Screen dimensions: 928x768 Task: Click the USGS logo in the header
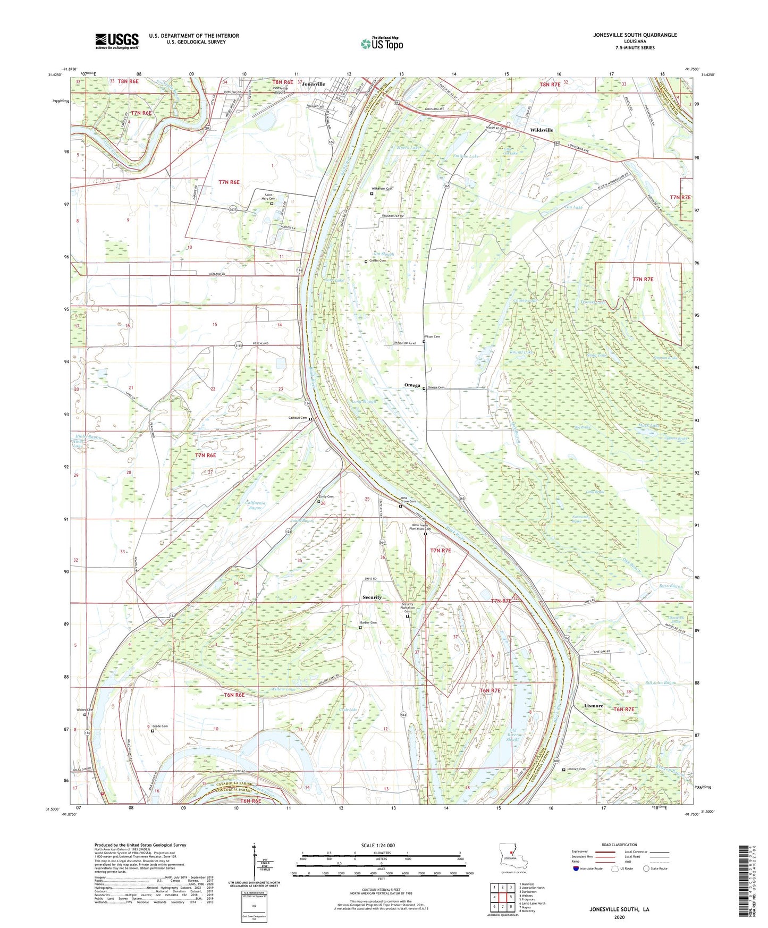(x=117, y=41)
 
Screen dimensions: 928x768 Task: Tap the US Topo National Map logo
(x=382, y=44)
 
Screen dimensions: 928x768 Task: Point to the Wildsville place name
(x=541, y=130)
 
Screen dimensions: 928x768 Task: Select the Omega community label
(x=412, y=385)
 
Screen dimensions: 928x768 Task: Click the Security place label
(x=372, y=597)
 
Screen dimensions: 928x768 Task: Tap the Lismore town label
(x=593, y=706)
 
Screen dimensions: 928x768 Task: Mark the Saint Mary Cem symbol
(x=272, y=203)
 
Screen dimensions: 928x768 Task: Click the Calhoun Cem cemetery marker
(x=310, y=419)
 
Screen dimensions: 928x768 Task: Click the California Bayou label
(x=255, y=505)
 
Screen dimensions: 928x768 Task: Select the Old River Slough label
(x=513, y=736)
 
